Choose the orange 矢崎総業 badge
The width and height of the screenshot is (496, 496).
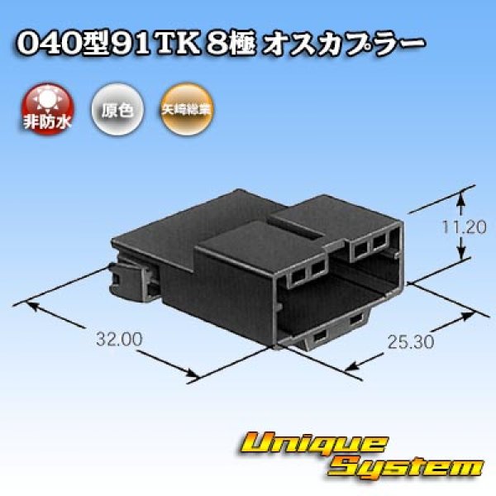coord(180,107)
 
